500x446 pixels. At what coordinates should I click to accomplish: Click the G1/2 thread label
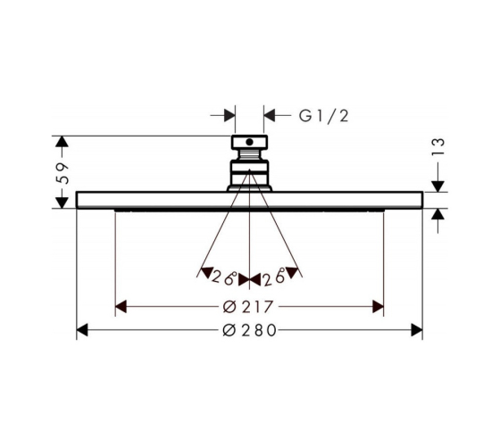[x=323, y=116]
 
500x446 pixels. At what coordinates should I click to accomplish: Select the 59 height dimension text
[x=62, y=173]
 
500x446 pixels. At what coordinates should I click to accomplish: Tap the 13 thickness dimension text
[x=437, y=146]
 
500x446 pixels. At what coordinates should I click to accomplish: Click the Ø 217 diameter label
[x=248, y=307]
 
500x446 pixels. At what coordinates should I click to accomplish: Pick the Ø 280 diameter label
[x=249, y=330]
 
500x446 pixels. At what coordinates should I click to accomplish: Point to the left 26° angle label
[x=224, y=277]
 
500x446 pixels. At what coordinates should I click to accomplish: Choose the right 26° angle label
[x=274, y=277]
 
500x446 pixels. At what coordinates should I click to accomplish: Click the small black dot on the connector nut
[x=250, y=142]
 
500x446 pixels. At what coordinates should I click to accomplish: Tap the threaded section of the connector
[x=249, y=155]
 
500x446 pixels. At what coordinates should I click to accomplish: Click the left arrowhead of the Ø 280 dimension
[x=82, y=330]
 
